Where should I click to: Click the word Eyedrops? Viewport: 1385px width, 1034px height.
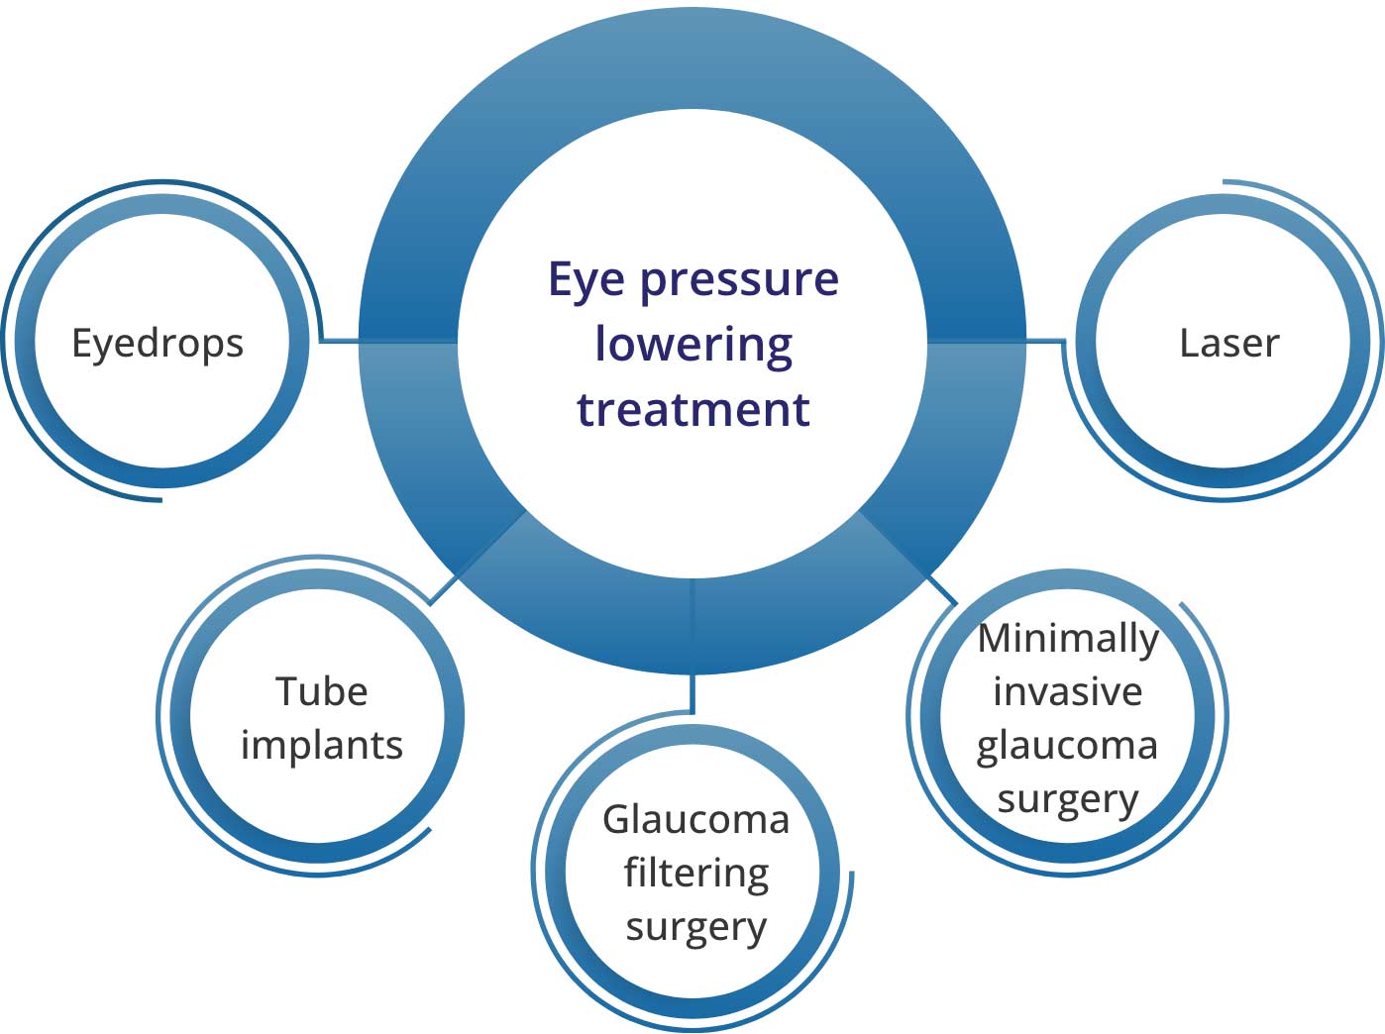pyautogui.click(x=158, y=344)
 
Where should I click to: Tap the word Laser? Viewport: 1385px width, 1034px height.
pyautogui.click(x=1228, y=343)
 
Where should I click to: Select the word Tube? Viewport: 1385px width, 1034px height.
pyautogui.click(x=321, y=691)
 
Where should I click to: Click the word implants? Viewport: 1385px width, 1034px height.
pyautogui.click(x=322, y=746)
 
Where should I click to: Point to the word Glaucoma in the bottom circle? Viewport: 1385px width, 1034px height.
pyautogui.click(x=695, y=819)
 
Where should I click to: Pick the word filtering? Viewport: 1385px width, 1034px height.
pyautogui.click(x=695, y=874)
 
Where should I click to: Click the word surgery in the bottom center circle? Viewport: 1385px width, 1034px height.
pyautogui.click(x=695, y=928)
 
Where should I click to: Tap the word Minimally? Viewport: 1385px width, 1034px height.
pyautogui.click(x=1067, y=639)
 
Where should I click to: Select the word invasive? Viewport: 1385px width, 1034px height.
pyautogui.click(x=1067, y=691)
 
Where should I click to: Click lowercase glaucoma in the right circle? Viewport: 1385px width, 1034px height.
pyautogui.click(x=1067, y=746)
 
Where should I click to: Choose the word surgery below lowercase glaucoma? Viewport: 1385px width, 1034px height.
pyautogui.click(x=1067, y=799)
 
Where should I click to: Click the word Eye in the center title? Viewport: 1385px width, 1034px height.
pyautogui.click(x=587, y=280)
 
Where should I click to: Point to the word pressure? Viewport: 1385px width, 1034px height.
pyautogui.click(x=739, y=280)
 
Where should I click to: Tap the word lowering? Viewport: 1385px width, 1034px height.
pyautogui.click(x=693, y=346)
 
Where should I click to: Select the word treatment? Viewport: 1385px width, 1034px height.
pyautogui.click(x=693, y=409)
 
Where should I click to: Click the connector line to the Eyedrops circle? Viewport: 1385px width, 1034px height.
pyautogui.click(x=340, y=341)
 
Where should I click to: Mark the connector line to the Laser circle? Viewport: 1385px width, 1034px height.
pyautogui.click(x=1044, y=341)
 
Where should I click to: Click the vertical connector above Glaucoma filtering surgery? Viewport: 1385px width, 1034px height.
pyautogui.click(x=692, y=693)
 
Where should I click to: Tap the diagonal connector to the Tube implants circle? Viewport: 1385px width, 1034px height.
pyautogui.click(x=443, y=588)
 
